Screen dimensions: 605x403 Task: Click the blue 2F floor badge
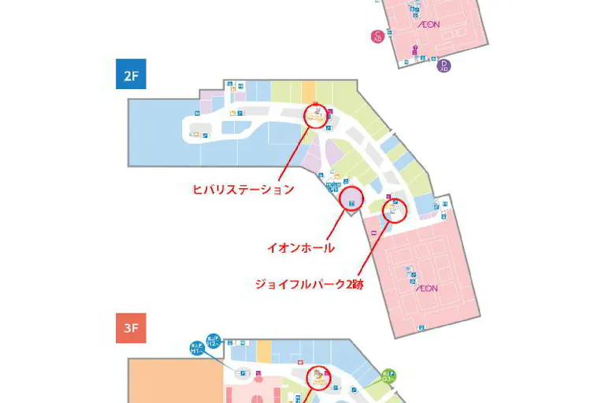point(131,74)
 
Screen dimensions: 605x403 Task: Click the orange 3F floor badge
point(131,328)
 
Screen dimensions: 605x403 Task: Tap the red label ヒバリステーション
point(243,189)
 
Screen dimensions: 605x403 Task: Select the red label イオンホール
point(300,248)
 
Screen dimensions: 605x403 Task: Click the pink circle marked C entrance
point(378,35)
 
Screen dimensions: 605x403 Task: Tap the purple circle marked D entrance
point(444,65)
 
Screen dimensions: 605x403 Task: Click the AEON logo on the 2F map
point(426,289)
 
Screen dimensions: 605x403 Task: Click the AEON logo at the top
point(429,24)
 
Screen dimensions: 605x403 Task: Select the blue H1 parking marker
point(197,349)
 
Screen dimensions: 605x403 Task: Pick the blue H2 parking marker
point(213,338)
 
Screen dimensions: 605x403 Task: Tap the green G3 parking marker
point(388,375)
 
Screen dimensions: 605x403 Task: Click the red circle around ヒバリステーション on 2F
point(316,116)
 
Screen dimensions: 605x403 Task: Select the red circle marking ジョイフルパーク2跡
point(395,210)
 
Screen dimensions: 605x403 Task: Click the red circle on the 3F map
point(319,379)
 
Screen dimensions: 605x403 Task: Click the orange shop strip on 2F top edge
point(309,91)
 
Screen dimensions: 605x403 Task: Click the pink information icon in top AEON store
point(415,48)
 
